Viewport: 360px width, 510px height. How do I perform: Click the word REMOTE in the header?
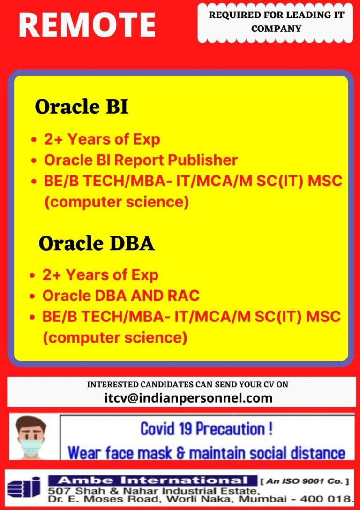tap(87, 25)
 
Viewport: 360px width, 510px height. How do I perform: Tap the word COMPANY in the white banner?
tap(276, 29)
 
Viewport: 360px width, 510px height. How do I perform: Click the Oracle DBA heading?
tap(97, 244)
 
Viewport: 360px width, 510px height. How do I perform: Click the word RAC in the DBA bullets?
tap(185, 296)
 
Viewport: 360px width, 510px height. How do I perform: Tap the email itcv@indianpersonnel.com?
tap(188, 397)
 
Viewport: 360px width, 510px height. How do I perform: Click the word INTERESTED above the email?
tap(112, 384)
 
